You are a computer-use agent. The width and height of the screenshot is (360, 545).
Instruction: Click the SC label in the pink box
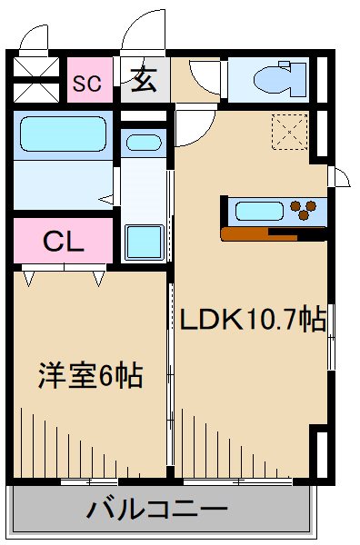[87, 83]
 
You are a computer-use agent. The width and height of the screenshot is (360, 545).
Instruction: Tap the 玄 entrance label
[142, 81]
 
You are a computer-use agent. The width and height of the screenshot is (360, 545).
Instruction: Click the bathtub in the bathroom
[62, 136]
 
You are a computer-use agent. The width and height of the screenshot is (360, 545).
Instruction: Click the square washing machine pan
[142, 241]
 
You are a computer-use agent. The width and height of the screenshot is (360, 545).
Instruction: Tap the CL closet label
[64, 242]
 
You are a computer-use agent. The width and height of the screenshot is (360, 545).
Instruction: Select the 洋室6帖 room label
[88, 374]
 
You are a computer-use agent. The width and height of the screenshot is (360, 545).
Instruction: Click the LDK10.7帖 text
[252, 320]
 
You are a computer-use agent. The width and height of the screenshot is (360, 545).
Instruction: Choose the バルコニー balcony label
[157, 509]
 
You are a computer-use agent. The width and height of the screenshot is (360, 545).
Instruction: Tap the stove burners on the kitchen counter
[307, 212]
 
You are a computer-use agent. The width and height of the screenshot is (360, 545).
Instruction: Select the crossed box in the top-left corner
[36, 69]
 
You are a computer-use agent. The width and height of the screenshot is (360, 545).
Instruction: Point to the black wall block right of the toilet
[319, 81]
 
